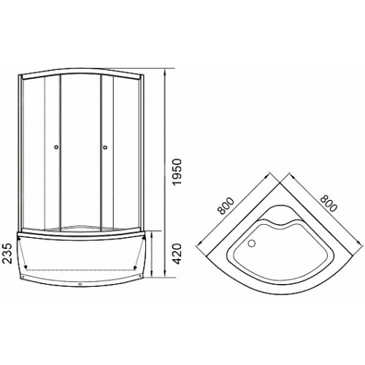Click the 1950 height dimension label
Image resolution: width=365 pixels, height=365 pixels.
tap(178, 172)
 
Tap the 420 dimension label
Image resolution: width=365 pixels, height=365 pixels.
tap(178, 253)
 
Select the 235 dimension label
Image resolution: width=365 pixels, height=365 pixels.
tap(8, 253)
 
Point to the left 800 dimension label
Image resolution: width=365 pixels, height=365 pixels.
tap(226, 206)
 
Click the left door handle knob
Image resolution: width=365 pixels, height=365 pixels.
tap(56, 147)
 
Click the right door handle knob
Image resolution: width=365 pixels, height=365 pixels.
tap(105, 147)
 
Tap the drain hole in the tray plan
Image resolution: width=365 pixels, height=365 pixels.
tap(252, 242)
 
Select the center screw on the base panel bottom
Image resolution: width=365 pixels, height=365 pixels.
tap(80, 284)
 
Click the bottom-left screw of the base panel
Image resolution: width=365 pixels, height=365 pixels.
tap(23, 277)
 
